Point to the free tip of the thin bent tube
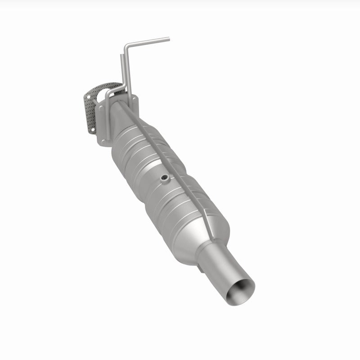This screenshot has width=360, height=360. pyautogui.click(x=168, y=39)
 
